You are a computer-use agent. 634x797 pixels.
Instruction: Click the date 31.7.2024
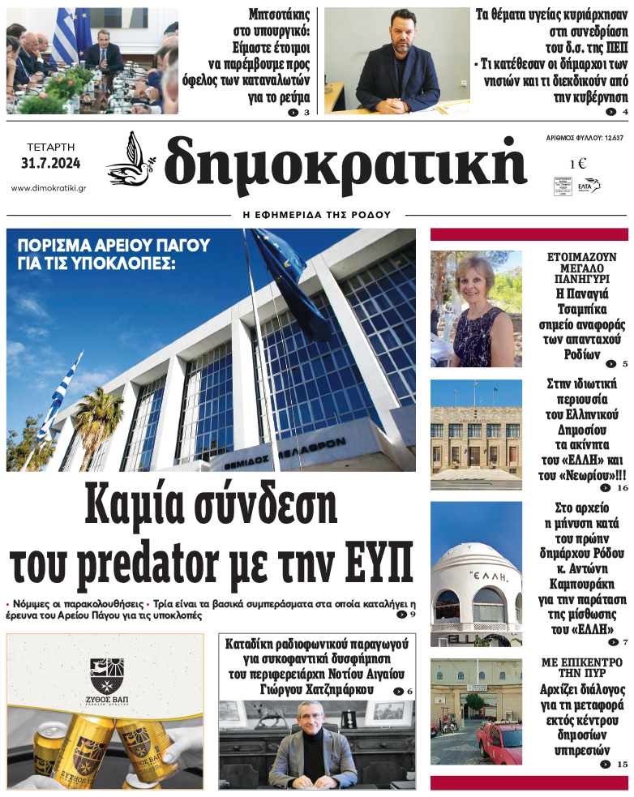(x=51, y=165)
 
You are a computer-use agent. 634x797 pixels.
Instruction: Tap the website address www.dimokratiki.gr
(x=49, y=188)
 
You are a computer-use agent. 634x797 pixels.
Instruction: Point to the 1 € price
(x=578, y=164)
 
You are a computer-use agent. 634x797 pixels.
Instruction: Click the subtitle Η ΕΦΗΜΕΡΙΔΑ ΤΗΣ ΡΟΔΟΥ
(x=317, y=216)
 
